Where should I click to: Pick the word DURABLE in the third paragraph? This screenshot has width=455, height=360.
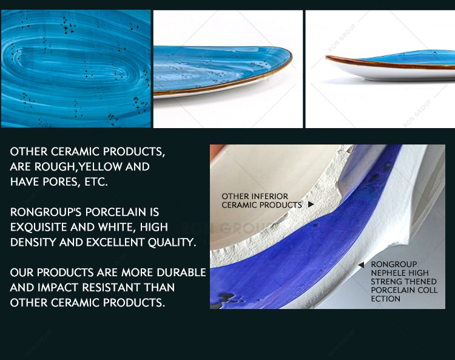click(x=181, y=273)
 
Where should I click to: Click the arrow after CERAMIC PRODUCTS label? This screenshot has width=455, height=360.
click(x=311, y=205)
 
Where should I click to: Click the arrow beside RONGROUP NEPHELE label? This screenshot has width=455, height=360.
click(x=361, y=265)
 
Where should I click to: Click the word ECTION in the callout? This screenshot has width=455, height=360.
click(x=386, y=299)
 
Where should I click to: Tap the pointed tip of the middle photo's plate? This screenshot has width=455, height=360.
click(x=291, y=56)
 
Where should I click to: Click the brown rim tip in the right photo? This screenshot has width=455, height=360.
click(x=327, y=57)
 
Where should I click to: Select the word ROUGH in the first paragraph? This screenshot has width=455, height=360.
click(x=55, y=167)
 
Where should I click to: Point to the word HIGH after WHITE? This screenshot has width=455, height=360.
click(x=154, y=227)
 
